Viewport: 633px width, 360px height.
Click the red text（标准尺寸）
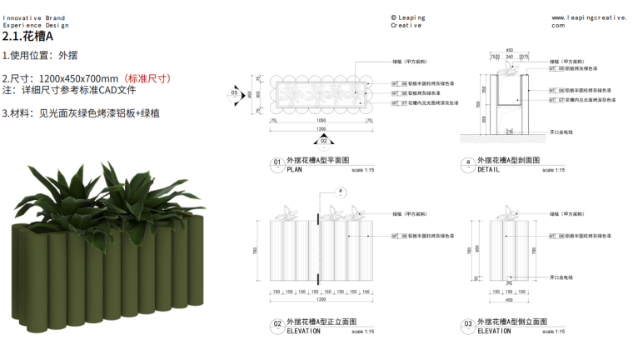[x=147, y=78]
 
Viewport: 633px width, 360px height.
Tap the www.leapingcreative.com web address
[x=588, y=21]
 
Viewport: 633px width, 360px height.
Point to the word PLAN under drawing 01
[x=295, y=169]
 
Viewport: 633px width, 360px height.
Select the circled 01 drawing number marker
[x=277, y=162]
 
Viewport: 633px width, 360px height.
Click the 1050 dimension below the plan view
[x=321, y=121]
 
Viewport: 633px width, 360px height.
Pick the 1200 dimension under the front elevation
[x=321, y=299]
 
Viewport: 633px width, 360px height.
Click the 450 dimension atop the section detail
[x=509, y=50]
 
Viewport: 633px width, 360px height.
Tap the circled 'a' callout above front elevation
[x=341, y=191]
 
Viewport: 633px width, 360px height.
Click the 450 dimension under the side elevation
[x=509, y=299]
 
